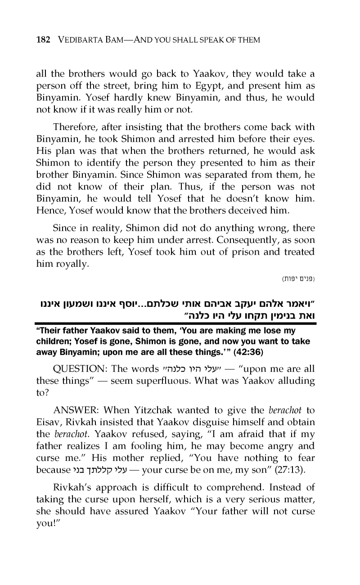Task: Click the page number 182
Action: pyautogui.click(x=43, y=40)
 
